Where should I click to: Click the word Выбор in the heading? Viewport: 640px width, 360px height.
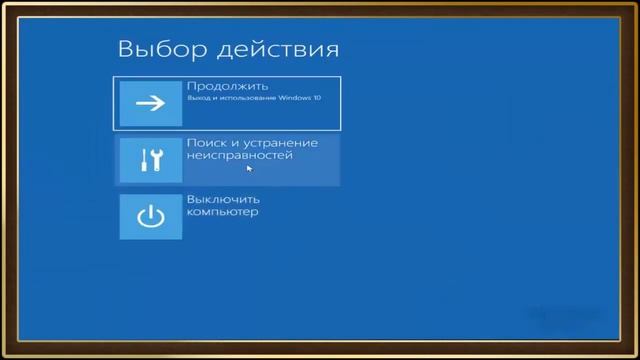(x=151, y=49)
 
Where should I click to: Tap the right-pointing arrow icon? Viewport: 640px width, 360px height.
(x=150, y=103)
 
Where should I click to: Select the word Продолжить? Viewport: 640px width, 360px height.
(x=227, y=86)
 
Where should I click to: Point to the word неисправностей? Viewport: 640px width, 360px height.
(x=239, y=156)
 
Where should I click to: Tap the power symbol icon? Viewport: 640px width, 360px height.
(x=150, y=217)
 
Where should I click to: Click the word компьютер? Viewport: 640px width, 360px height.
(x=222, y=212)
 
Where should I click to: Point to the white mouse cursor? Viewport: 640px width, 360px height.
(x=249, y=168)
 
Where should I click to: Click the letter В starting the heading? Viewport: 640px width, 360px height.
(x=125, y=49)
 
